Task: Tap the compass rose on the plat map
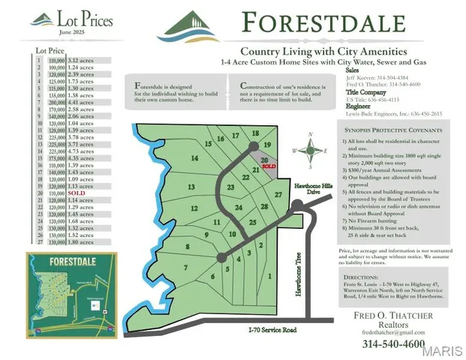pos(308,149)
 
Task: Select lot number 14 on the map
pos(194,158)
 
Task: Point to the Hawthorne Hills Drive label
pos(307,188)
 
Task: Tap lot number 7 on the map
pos(185,267)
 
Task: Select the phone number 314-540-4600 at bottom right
pos(393,343)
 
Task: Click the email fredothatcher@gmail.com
pos(394,332)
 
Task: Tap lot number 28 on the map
pos(263,206)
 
